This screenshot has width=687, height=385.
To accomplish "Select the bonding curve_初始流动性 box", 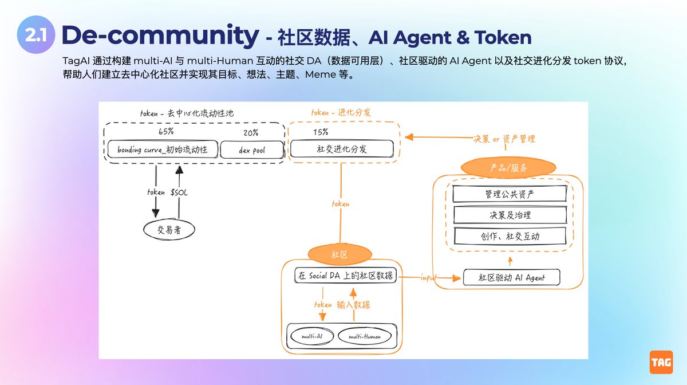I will pos(162,150).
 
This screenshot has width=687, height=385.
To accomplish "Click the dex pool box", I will pos(251,150).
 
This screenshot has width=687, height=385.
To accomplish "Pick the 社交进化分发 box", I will pos(342,150).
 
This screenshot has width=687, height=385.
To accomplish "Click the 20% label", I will pos(250,132).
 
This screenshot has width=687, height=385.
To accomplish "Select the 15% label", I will pos(321,132).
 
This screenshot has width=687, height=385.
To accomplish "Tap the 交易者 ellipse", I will pos(169,230).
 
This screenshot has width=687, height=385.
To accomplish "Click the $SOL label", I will pos(179,192).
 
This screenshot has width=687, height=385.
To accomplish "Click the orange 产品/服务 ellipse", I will pos(508,168).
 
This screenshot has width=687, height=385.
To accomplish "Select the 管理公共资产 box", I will pos(509,194).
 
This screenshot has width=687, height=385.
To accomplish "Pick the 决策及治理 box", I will pos(509,215).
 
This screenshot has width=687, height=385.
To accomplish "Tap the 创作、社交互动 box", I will pos(509,235).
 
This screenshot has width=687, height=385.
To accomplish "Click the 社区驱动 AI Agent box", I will pos(511,277).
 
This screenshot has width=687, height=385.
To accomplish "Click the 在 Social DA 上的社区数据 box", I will pos(346,275).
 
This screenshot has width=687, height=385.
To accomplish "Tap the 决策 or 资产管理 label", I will pos(504,139).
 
